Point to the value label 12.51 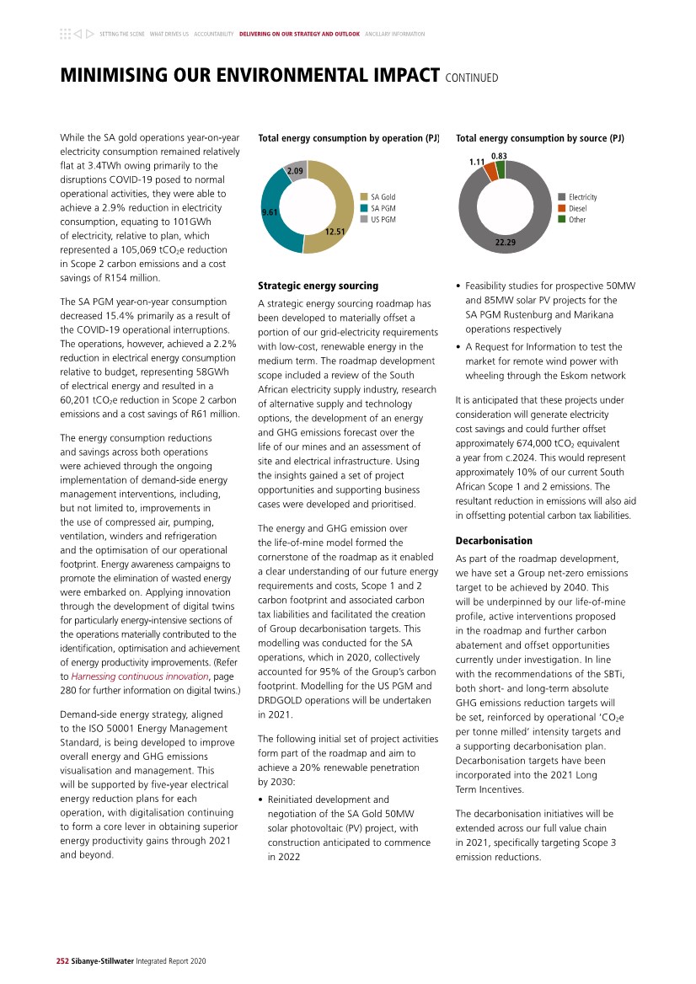(335, 231)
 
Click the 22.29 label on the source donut (506, 243)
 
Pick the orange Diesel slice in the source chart (490, 171)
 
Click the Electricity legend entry (582, 196)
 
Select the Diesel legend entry (577, 208)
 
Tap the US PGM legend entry (383, 219)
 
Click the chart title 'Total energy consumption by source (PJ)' (539, 137)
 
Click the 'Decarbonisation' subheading (494, 540)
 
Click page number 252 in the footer (50, 960)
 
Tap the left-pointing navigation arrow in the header (77, 34)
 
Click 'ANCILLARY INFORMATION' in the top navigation (395, 35)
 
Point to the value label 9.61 (270, 212)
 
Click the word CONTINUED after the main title (472, 78)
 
